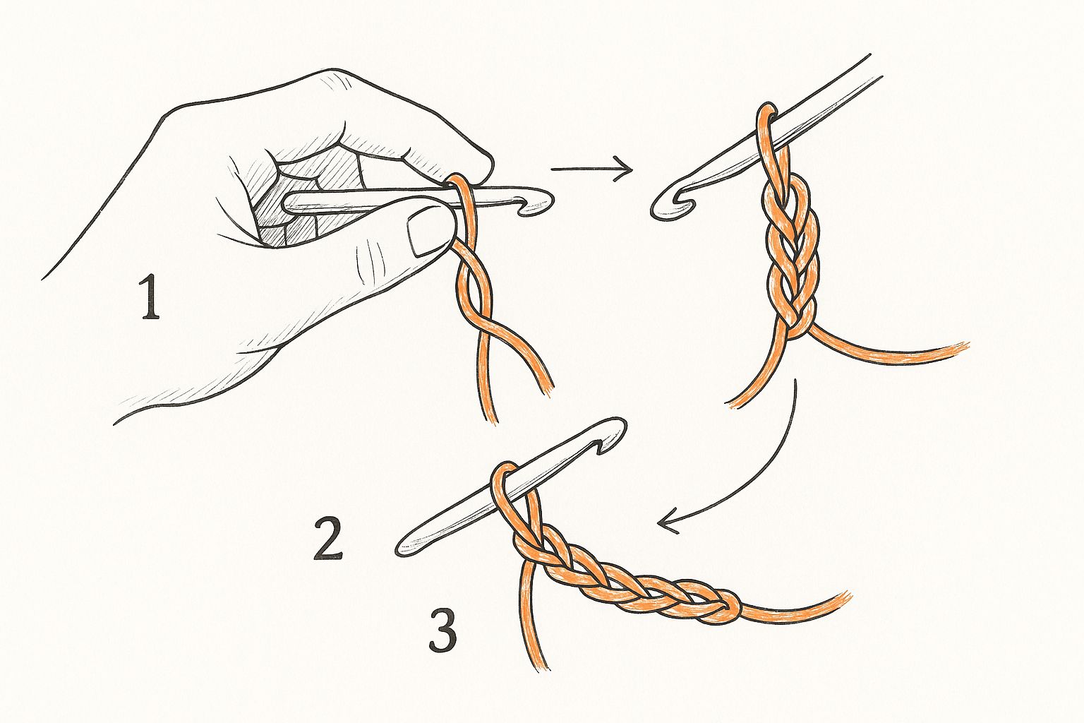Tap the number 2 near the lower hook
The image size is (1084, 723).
327,538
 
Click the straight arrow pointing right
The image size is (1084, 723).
592,169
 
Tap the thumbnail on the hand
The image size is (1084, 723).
426,236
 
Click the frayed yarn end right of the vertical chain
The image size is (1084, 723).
959,349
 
